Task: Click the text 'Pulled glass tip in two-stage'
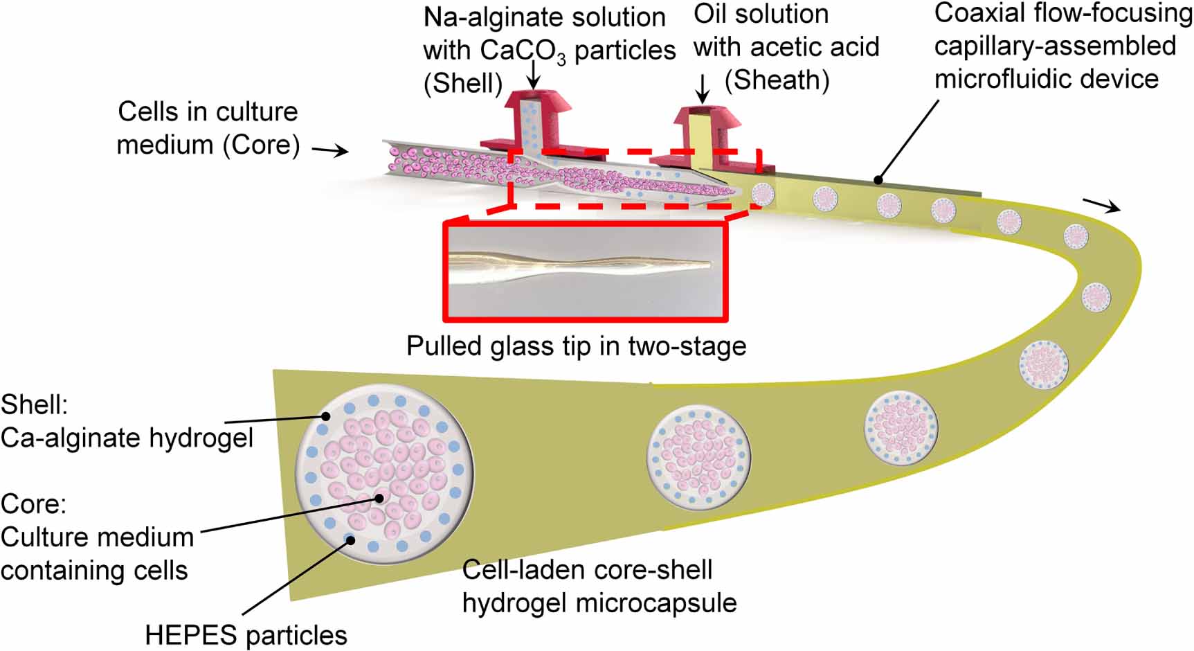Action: (x=576, y=346)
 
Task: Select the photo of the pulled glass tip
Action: (x=585, y=271)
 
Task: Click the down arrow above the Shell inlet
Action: (x=533, y=75)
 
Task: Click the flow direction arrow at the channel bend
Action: (x=1101, y=204)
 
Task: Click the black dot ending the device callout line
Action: (x=878, y=180)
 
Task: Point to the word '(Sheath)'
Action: (x=777, y=80)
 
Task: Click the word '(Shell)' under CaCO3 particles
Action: (x=462, y=83)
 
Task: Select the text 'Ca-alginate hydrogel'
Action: (x=127, y=438)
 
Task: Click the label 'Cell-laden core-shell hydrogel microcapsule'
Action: (x=599, y=586)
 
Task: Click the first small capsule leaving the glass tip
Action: (x=763, y=193)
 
